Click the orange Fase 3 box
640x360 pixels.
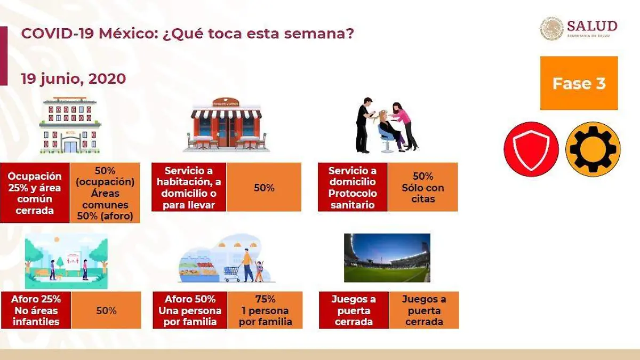(579, 83)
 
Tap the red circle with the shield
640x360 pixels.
(531, 149)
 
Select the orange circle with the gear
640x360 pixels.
(593, 149)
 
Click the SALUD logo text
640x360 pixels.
(592, 26)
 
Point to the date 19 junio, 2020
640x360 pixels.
(74, 78)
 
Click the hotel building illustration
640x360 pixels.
(70, 125)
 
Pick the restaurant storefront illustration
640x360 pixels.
(226, 125)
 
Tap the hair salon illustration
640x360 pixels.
(387, 125)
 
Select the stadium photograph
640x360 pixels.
(387, 258)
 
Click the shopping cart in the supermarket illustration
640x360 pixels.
(231, 274)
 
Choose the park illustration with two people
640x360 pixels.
(66, 261)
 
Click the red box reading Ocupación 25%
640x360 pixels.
(35, 193)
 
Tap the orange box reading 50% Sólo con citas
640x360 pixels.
(423, 187)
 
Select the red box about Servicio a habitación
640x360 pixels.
(189, 187)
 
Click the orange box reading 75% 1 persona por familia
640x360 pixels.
(265, 310)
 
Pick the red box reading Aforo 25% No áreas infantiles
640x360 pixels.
(36, 310)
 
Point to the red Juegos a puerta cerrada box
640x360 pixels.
(354, 310)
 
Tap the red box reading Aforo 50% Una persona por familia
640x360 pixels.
(190, 310)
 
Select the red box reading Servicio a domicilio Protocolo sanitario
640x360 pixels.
(353, 187)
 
